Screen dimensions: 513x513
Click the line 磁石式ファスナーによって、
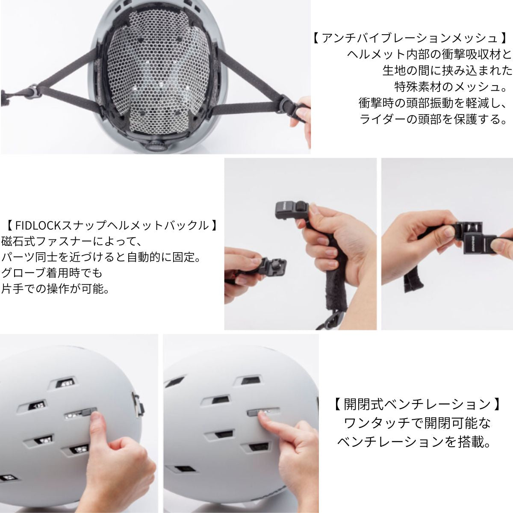[x=72, y=242]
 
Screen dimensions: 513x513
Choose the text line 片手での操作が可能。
[x=56, y=289]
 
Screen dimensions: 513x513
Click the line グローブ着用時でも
[x=52, y=273]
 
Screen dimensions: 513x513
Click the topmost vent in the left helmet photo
[x=65, y=383]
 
